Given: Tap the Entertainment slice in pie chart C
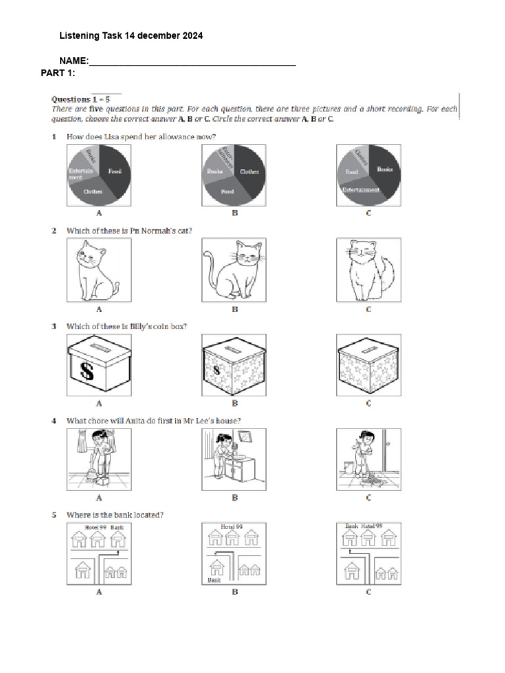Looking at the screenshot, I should point(361,190).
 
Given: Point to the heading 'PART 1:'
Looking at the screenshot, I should point(58,72).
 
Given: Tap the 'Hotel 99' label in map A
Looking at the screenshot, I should point(96,527).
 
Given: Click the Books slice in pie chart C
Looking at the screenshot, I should point(384,169).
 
